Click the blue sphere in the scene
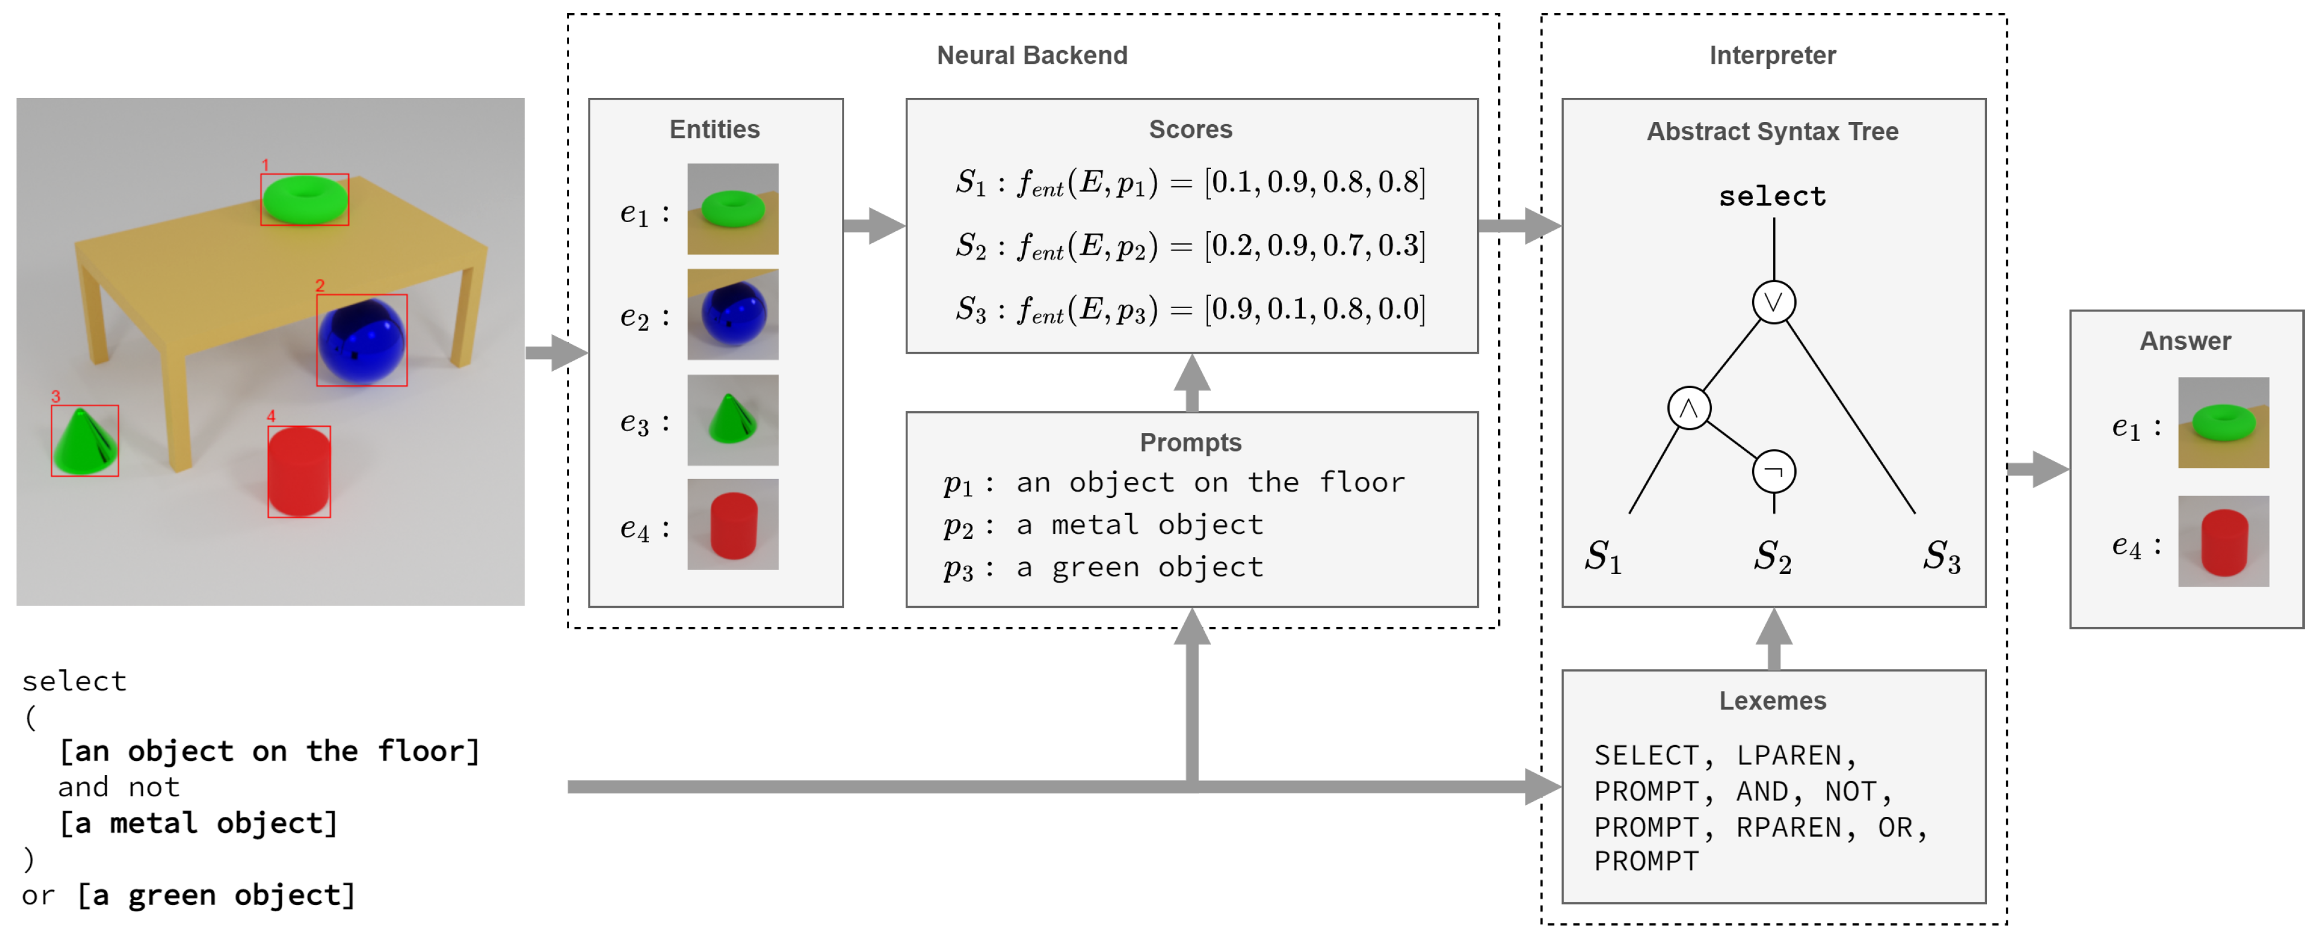(x=362, y=341)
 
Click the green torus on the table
(x=305, y=199)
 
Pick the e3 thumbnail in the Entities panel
(x=733, y=420)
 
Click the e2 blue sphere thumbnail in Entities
(x=733, y=314)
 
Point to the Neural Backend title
(x=1032, y=56)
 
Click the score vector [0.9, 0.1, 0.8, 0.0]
(x=1315, y=309)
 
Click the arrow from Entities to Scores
(x=873, y=226)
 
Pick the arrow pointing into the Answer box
(x=2038, y=469)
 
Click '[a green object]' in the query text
(x=216, y=895)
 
